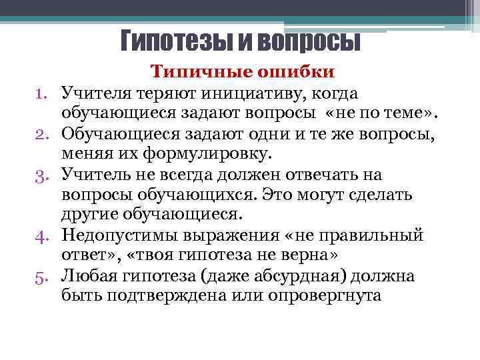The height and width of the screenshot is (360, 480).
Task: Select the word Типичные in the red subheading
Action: point(196,71)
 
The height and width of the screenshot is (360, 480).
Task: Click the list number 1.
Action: point(41,91)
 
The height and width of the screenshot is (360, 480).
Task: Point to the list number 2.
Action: point(41,135)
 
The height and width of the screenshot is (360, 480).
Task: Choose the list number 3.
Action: point(41,175)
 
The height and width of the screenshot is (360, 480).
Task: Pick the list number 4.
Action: point(41,235)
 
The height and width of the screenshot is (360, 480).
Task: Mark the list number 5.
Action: point(41,276)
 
